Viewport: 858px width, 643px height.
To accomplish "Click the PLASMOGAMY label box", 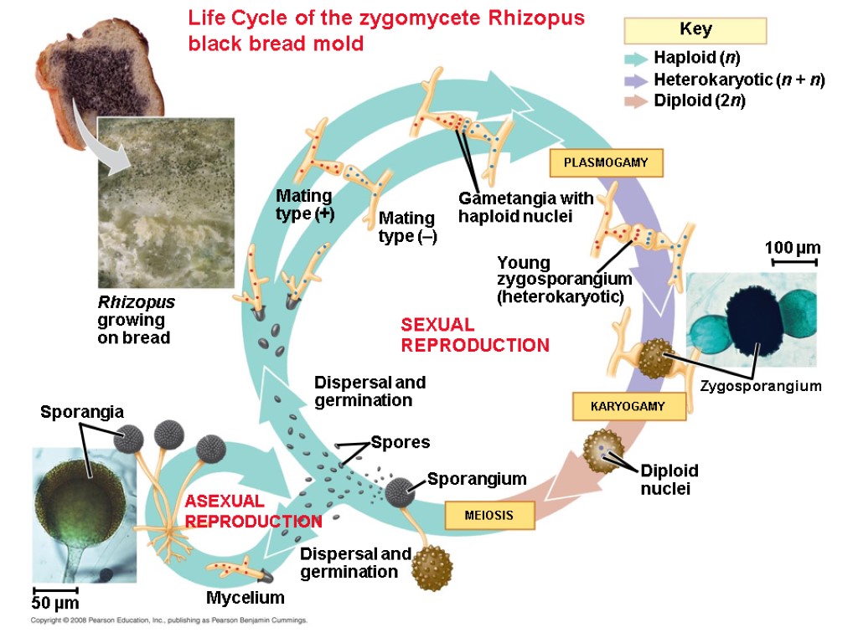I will (606, 162).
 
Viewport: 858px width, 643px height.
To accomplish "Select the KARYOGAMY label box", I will (628, 406).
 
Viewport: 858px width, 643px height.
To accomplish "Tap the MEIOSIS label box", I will (488, 516).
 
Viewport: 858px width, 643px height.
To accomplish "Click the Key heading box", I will (695, 30).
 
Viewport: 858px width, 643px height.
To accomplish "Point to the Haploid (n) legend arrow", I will (638, 59).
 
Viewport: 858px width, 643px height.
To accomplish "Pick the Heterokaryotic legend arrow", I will (638, 80).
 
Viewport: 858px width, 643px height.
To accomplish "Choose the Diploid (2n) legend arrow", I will (638, 101).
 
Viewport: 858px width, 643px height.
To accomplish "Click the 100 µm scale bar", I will (792, 262).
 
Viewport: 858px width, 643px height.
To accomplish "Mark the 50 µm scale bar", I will (55, 591).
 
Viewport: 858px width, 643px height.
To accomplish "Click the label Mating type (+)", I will (305, 204).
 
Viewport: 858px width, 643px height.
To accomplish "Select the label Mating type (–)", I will (407, 227).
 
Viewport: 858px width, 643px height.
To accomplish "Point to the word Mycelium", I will (245, 598).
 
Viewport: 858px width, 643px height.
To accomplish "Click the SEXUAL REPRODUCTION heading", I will (474, 335).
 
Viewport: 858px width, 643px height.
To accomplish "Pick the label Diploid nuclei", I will (669, 478).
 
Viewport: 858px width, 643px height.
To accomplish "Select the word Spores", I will (400, 442).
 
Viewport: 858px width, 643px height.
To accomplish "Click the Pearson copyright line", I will (168, 621).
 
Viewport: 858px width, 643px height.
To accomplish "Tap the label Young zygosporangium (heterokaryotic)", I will (563, 280).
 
